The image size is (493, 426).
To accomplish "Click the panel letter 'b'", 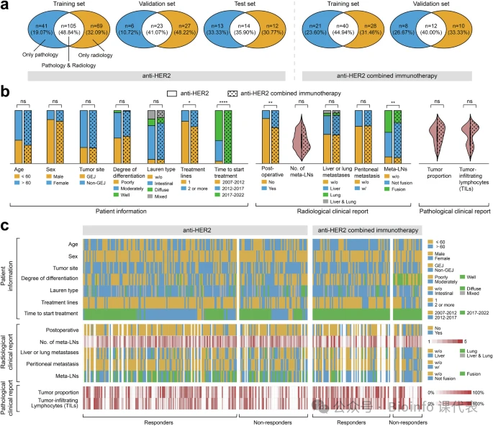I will (x=5, y=92).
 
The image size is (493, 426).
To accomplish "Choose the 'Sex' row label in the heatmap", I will (x=72, y=255).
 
